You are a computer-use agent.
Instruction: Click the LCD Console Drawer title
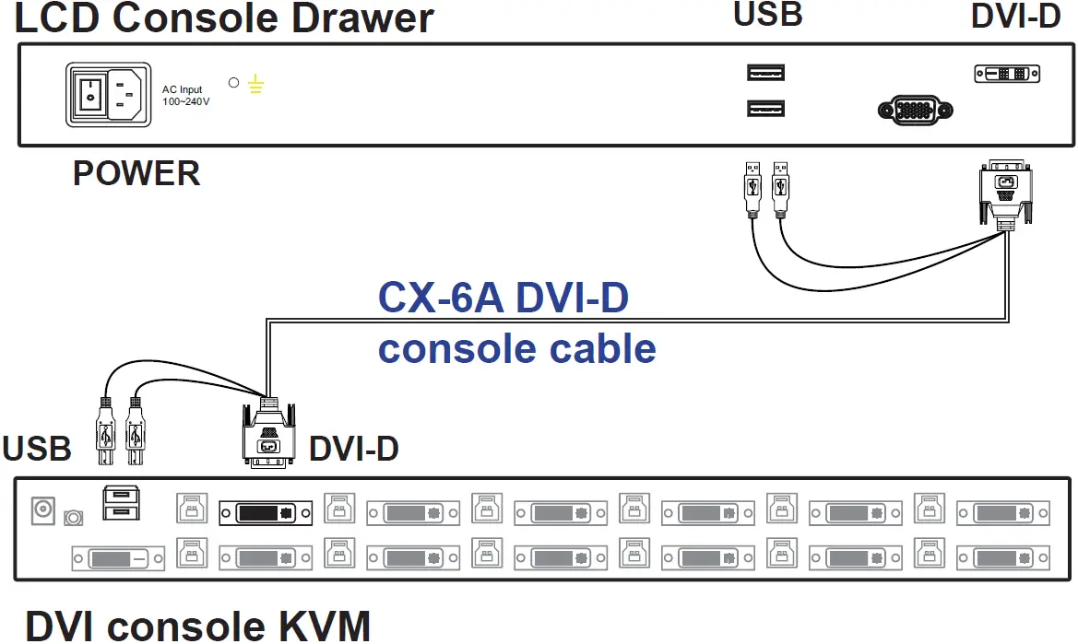point(224,18)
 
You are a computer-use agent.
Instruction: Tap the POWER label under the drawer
point(136,173)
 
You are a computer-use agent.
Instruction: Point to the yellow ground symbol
point(256,87)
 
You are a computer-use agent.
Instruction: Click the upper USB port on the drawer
point(765,73)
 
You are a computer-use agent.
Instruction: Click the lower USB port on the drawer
point(765,109)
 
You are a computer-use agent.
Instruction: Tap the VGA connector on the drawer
point(915,111)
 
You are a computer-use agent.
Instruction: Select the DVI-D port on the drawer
point(1007,74)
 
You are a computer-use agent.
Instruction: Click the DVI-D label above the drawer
point(1016,17)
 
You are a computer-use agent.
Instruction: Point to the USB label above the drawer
point(767,15)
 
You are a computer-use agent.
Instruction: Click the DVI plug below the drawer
point(1005,191)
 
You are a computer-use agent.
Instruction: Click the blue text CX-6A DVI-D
point(503,298)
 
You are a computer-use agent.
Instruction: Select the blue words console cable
point(517,349)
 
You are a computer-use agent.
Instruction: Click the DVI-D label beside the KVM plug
point(353,449)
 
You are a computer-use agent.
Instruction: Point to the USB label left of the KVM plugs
point(37,449)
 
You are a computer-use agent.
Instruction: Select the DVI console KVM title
point(197,625)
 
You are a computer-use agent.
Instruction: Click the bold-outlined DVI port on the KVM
point(266,511)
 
